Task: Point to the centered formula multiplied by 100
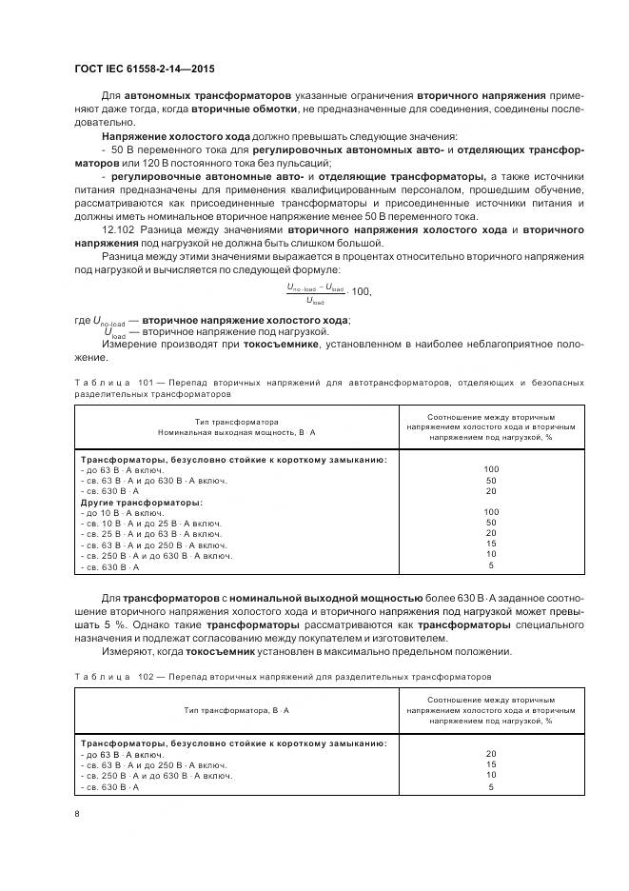pos(328,292)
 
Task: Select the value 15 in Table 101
pos(491,543)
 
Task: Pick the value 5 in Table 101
pos(491,565)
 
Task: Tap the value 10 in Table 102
pos(491,775)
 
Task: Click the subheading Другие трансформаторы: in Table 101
pos(141,502)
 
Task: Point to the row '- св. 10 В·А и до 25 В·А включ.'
pos(152,523)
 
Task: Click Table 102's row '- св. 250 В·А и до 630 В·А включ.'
pos(157,775)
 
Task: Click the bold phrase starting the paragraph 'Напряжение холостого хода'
pos(174,136)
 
